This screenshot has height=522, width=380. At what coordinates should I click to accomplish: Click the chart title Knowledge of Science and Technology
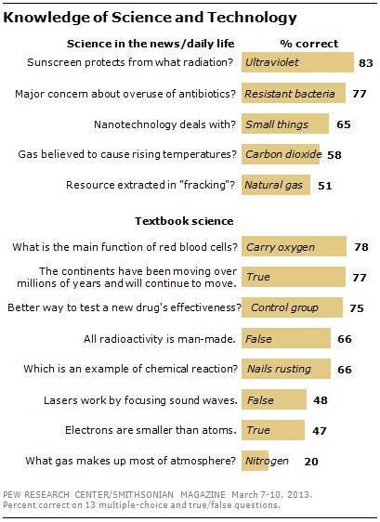click(152, 16)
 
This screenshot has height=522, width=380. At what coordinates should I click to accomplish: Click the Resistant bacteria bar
click(293, 94)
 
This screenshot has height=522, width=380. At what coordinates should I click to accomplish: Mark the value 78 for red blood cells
click(360, 247)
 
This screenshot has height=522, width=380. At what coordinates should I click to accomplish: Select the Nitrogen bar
click(266, 460)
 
